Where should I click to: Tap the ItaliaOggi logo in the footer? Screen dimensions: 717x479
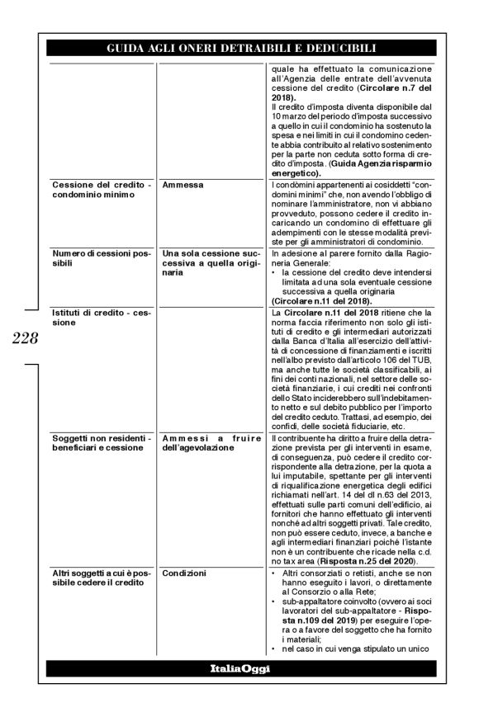point(239,669)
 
